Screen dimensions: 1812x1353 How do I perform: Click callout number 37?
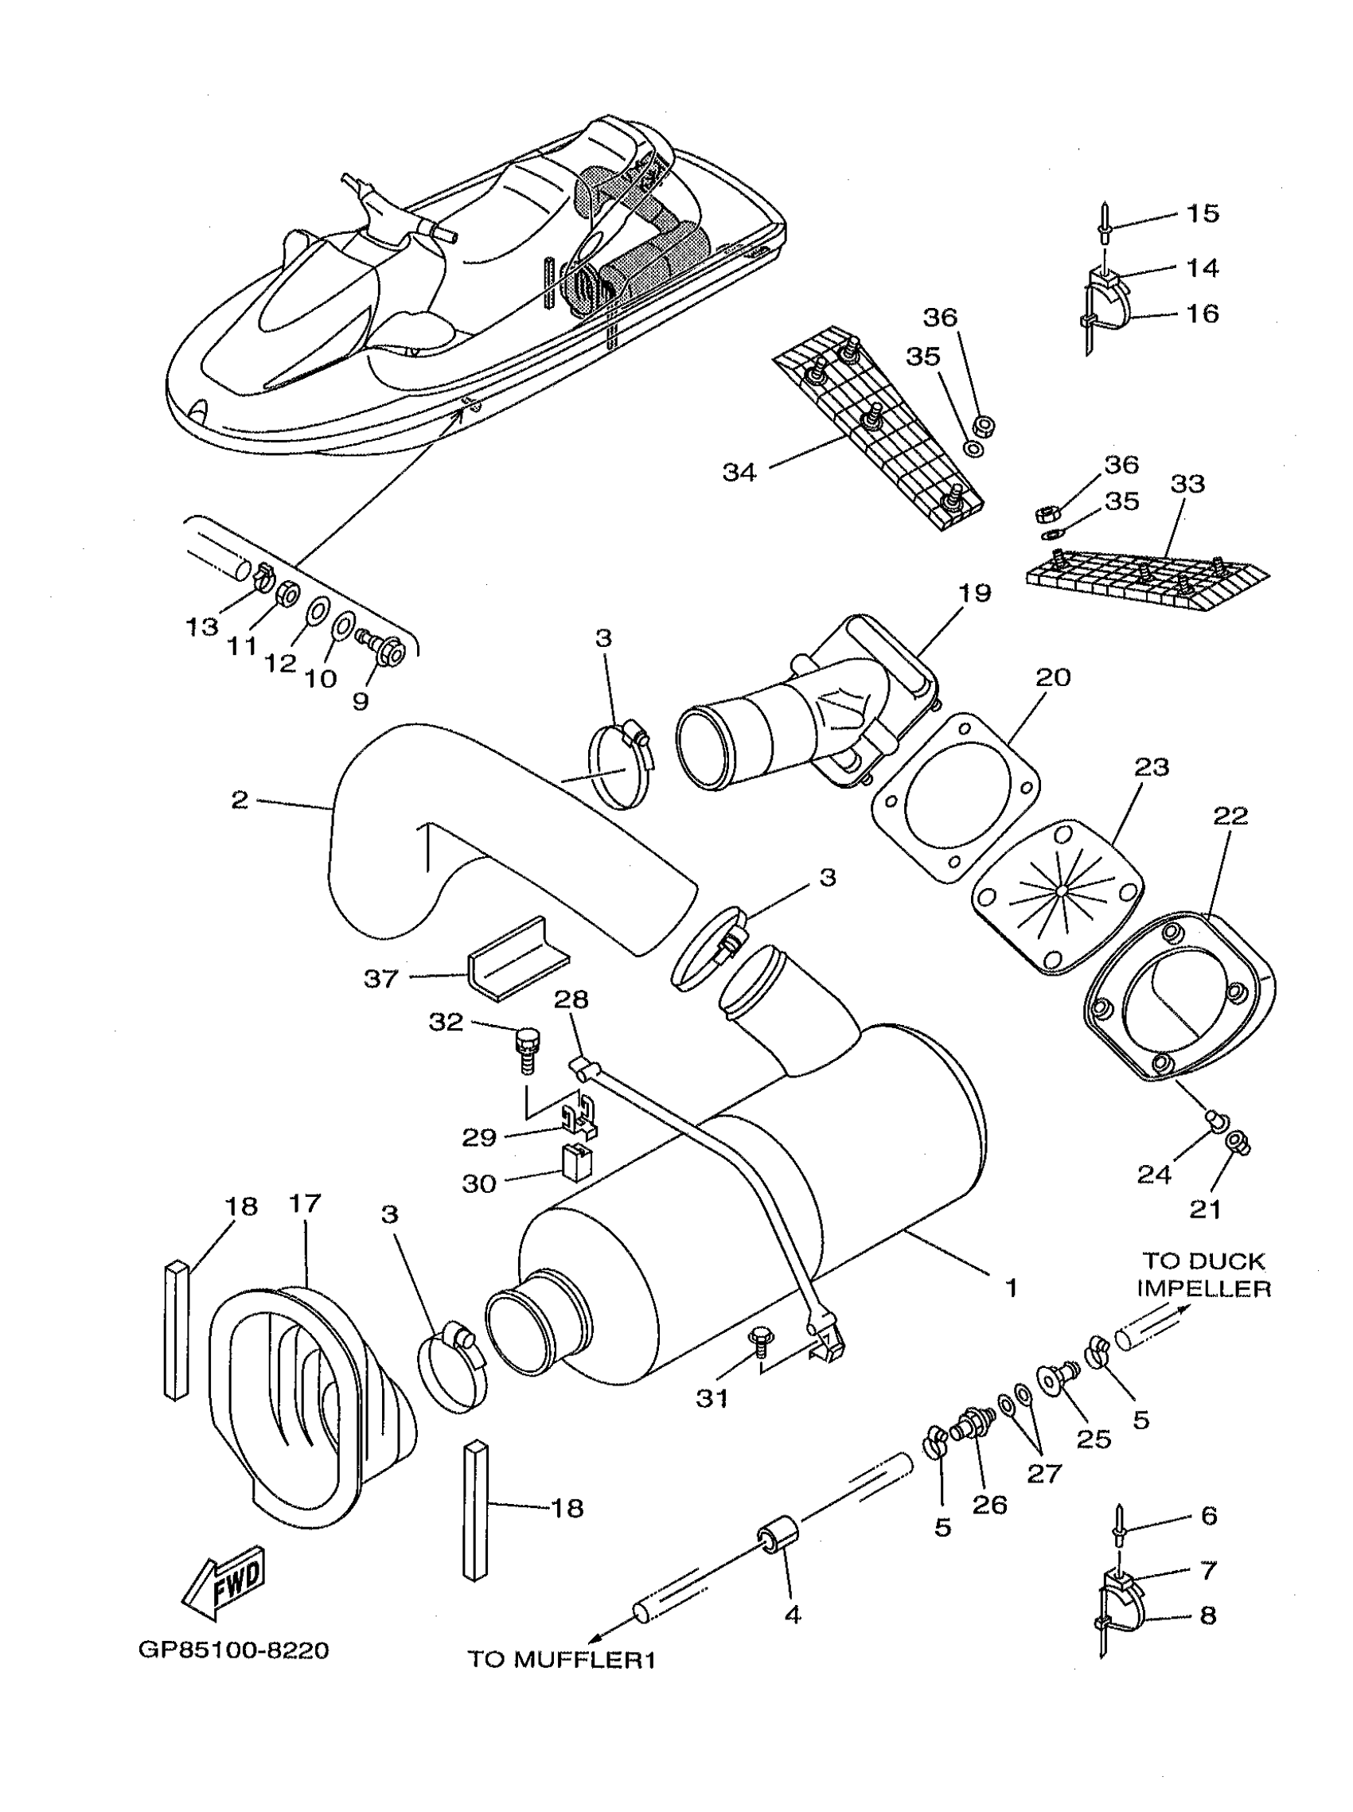tap(381, 978)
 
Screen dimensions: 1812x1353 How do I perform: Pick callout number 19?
tap(975, 592)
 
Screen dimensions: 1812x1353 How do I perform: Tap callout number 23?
tap(1152, 767)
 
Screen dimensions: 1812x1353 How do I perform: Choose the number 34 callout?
tap(739, 472)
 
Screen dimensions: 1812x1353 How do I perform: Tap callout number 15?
tap(1203, 213)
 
